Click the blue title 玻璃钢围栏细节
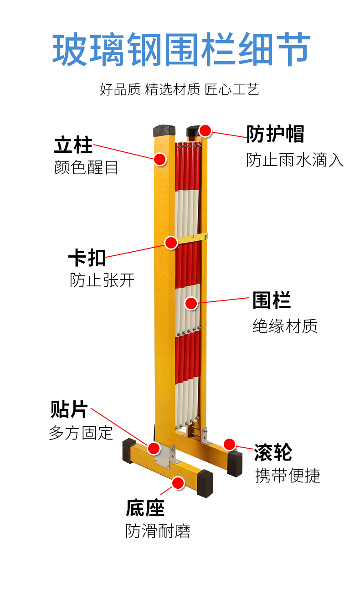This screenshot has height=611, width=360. coord(181,49)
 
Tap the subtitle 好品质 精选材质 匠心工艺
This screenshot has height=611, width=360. coord(180,89)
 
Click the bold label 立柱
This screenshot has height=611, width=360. coord(73,145)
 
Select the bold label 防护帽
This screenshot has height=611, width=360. coord(275,134)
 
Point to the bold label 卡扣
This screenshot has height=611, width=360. coord(87,258)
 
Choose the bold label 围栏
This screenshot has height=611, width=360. coord(272,300)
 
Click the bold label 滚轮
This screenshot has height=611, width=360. coord(273,452)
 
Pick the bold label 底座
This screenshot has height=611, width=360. coord(145,507)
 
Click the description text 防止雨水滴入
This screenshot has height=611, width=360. coord(295,160)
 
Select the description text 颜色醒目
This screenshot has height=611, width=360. coord(86,167)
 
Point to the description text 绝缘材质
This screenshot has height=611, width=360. coord(285,326)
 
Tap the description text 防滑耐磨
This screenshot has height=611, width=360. coord(158,531)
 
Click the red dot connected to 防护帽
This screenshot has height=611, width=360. coord(205,131)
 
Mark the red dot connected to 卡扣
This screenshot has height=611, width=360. coord(171,243)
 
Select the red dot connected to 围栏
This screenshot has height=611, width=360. coord(191,303)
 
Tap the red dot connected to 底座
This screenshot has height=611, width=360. coord(178,483)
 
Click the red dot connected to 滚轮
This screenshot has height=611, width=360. coord(230,444)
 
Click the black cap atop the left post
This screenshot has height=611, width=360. coord(164,131)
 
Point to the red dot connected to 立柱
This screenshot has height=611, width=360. coord(159,159)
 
